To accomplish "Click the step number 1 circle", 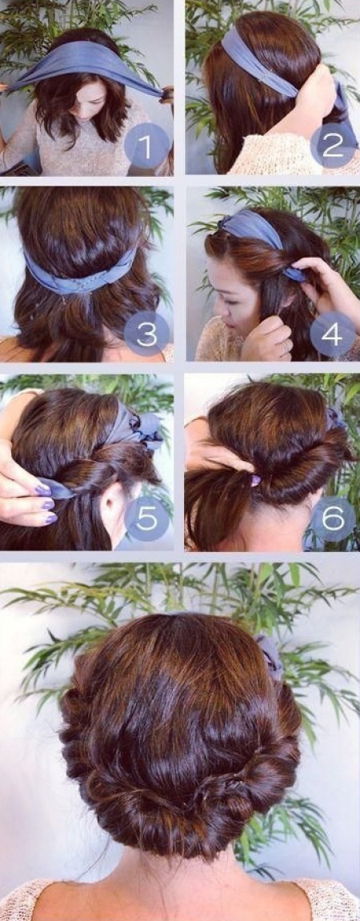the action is point(147,146).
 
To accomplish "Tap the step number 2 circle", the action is point(333,145).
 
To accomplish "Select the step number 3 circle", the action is point(147,334).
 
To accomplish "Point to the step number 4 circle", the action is point(332,334).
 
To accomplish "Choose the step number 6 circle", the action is point(333,519).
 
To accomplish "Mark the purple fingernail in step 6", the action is point(255,480).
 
